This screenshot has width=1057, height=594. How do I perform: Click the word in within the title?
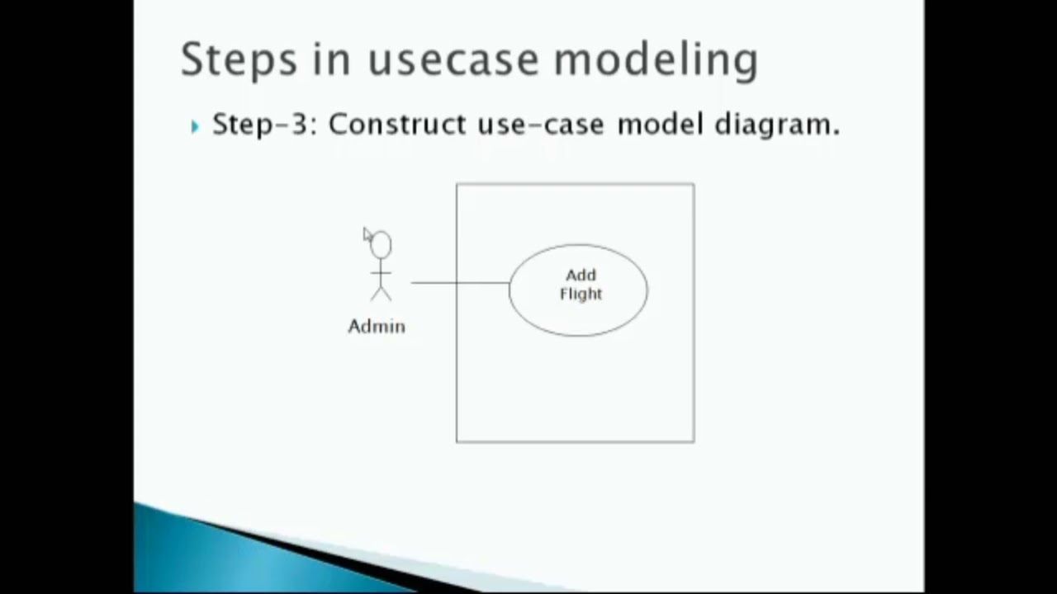click(x=331, y=59)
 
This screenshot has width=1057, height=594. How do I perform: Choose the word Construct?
click(x=397, y=125)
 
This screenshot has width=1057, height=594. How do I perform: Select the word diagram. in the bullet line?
click(x=777, y=125)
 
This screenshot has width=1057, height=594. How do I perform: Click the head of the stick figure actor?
click(x=382, y=245)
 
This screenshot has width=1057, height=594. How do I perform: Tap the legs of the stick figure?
click(x=381, y=293)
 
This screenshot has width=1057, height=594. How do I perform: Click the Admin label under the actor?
click(x=377, y=327)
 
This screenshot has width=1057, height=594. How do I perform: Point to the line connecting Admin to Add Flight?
click(x=459, y=283)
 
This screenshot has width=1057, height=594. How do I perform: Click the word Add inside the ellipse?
click(x=581, y=276)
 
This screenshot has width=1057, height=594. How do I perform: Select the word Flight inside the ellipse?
click(x=581, y=295)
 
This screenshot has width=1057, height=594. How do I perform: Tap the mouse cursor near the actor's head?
click(x=367, y=235)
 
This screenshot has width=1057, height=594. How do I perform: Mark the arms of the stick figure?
click(x=381, y=272)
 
